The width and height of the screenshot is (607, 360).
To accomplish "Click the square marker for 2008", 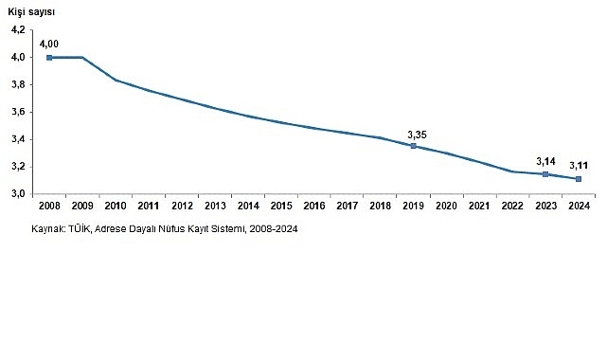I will tap(49, 57).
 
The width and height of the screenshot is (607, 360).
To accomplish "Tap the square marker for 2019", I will tap(413, 146).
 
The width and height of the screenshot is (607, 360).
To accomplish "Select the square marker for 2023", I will tap(545, 174).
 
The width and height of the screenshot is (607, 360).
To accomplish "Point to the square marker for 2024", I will tap(579, 178).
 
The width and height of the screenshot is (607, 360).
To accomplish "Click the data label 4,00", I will tap(49, 43).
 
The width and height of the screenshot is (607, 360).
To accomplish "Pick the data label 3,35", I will tap(417, 134).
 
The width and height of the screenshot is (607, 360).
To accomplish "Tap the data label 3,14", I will tap(545, 161).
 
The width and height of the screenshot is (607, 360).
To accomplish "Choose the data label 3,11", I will tap(580, 167).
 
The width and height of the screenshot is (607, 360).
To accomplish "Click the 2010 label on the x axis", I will tap(115, 206).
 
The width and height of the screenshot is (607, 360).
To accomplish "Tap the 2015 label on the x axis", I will tap(280, 206).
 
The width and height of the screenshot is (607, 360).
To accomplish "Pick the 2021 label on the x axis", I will tap(479, 206).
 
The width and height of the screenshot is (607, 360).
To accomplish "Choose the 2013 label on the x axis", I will tap(214, 206).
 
